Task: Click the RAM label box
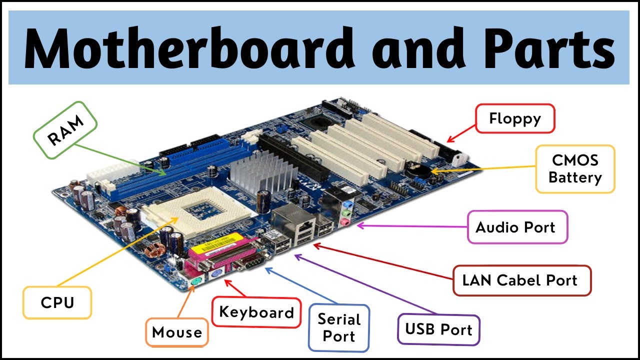65,130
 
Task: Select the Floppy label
515,118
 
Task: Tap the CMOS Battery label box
575,169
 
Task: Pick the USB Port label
438,329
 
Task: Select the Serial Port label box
338,327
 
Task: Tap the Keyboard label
256,312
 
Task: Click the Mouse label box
177,332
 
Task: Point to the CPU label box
57,302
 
